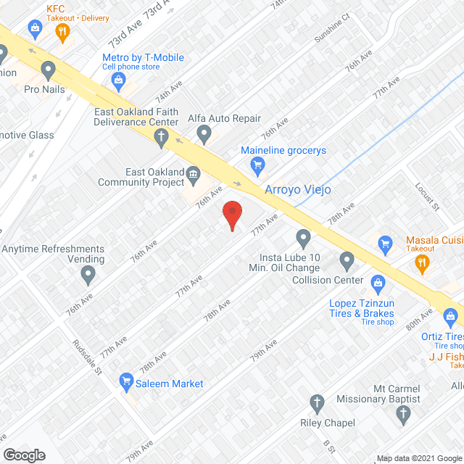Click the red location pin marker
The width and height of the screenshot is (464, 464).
pos(231,215)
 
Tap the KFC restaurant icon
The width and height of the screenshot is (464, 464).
pos(63,31)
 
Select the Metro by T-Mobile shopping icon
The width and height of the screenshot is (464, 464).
pos(118,82)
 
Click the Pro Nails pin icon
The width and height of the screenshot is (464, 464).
pos(49,70)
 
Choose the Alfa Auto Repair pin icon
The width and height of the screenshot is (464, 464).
pos(204,133)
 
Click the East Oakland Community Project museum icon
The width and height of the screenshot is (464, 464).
pos(194,173)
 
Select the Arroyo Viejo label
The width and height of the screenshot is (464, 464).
pos(298,190)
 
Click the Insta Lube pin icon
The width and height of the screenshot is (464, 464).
pos(303,237)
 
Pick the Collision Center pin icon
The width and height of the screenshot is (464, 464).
pos(347,260)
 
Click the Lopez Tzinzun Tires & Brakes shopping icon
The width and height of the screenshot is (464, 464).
pos(377,281)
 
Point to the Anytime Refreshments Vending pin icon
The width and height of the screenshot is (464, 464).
pos(88,274)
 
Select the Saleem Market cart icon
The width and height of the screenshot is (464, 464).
pos(126,378)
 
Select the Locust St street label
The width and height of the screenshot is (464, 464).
pos(427,196)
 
